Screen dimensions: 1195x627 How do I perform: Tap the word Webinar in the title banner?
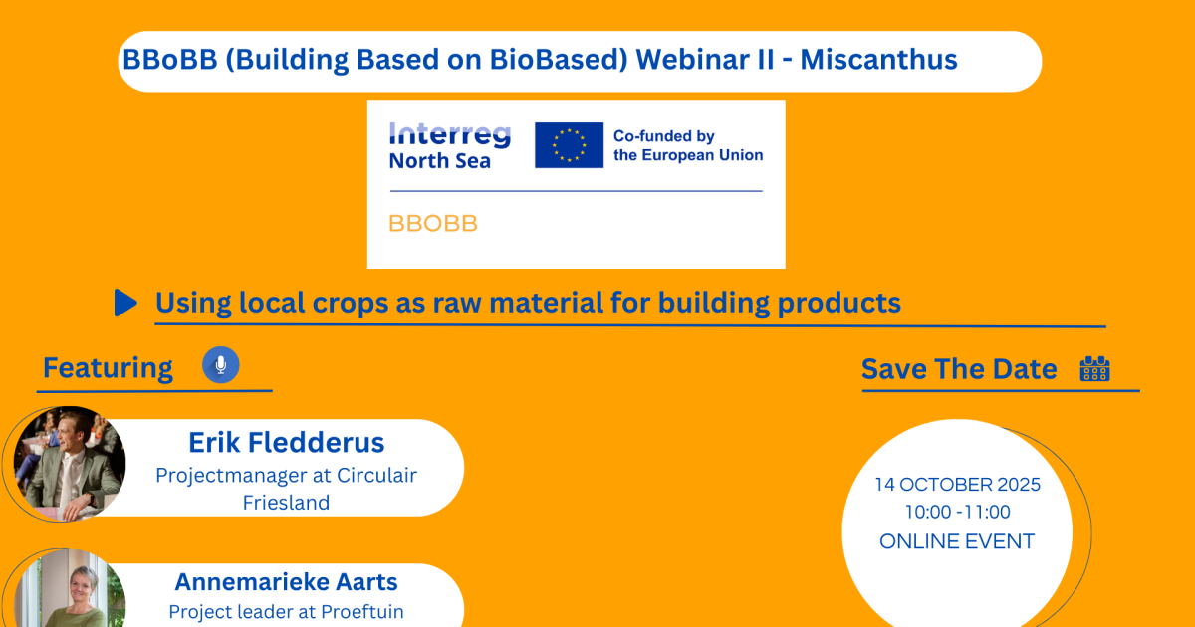pyautogui.click(x=704, y=59)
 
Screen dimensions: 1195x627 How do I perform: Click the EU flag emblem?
pyautogui.click(x=570, y=145)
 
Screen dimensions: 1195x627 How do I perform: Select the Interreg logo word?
pyautogui.click(x=450, y=134)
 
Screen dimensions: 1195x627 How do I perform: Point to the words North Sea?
pyautogui.click(x=439, y=161)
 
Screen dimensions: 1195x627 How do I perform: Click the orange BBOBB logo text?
pyautogui.click(x=432, y=223)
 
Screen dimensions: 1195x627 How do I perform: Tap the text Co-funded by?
pyautogui.click(x=663, y=136)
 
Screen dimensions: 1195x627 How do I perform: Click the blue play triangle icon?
pyautogui.click(x=125, y=303)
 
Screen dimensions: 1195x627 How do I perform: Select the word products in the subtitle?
pyautogui.click(x=839, y=303)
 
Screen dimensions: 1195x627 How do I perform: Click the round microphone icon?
pyautogui.click(x=221, y=365)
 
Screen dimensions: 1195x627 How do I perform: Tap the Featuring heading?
pyautogui.click(x=108, y=368)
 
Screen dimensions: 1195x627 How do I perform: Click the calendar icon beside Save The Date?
pyautogui.click(x=1094, y=369)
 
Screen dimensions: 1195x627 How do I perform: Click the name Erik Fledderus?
pyautogui.click(x=287, y=443)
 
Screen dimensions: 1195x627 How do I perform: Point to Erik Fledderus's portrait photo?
pyautogui.click(x=70, y=464)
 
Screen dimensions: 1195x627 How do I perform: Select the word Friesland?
pyautogui.click(x=286, y=503)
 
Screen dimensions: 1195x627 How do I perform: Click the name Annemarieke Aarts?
pyautogui.click(x=287, y=581)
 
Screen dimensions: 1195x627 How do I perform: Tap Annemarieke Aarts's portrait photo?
pyautogui.click(x=70, y=589)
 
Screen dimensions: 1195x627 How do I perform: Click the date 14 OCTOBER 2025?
pyautogui.click(x=958, y=484)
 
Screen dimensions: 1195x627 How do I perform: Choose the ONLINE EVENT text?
pyautogui.click(x=957, y=541)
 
